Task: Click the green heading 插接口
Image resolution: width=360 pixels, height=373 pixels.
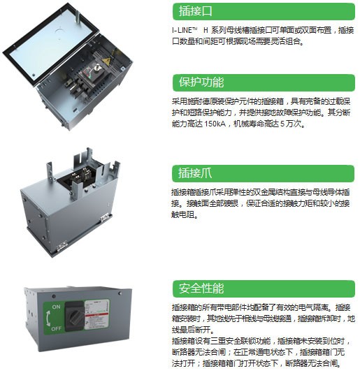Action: [x=195, y=11]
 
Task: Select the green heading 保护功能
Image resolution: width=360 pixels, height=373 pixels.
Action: [x=201, y=82]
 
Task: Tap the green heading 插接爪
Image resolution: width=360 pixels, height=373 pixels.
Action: [x=195, y=173]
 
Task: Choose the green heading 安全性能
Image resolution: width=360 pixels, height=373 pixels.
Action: [x=201, y=288]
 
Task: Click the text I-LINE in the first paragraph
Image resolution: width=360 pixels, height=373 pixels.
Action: [x=182, y=31]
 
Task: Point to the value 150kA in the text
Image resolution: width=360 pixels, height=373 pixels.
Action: [x=215, y=124]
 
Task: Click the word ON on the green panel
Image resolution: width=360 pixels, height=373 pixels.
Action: [x=56, y=307]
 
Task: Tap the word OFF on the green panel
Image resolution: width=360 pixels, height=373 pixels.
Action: [x=56, y=328]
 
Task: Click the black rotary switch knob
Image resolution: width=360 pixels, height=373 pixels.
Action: [x=75, y=316]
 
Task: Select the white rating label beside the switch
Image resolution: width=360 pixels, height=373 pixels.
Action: [x=97, y=315]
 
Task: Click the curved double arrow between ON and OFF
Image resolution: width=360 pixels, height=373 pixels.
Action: [x=48, y=319]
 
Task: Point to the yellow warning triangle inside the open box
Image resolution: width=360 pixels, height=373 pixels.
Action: [x=106, y=61]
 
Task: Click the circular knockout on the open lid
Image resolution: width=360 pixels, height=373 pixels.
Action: [x=59, y=31]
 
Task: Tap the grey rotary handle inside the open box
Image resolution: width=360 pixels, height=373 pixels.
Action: [x=96, y=68]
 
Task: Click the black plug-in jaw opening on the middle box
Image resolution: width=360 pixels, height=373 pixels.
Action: [x=75, y=177]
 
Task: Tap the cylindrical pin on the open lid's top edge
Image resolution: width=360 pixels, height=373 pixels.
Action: [x=77, y=16]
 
